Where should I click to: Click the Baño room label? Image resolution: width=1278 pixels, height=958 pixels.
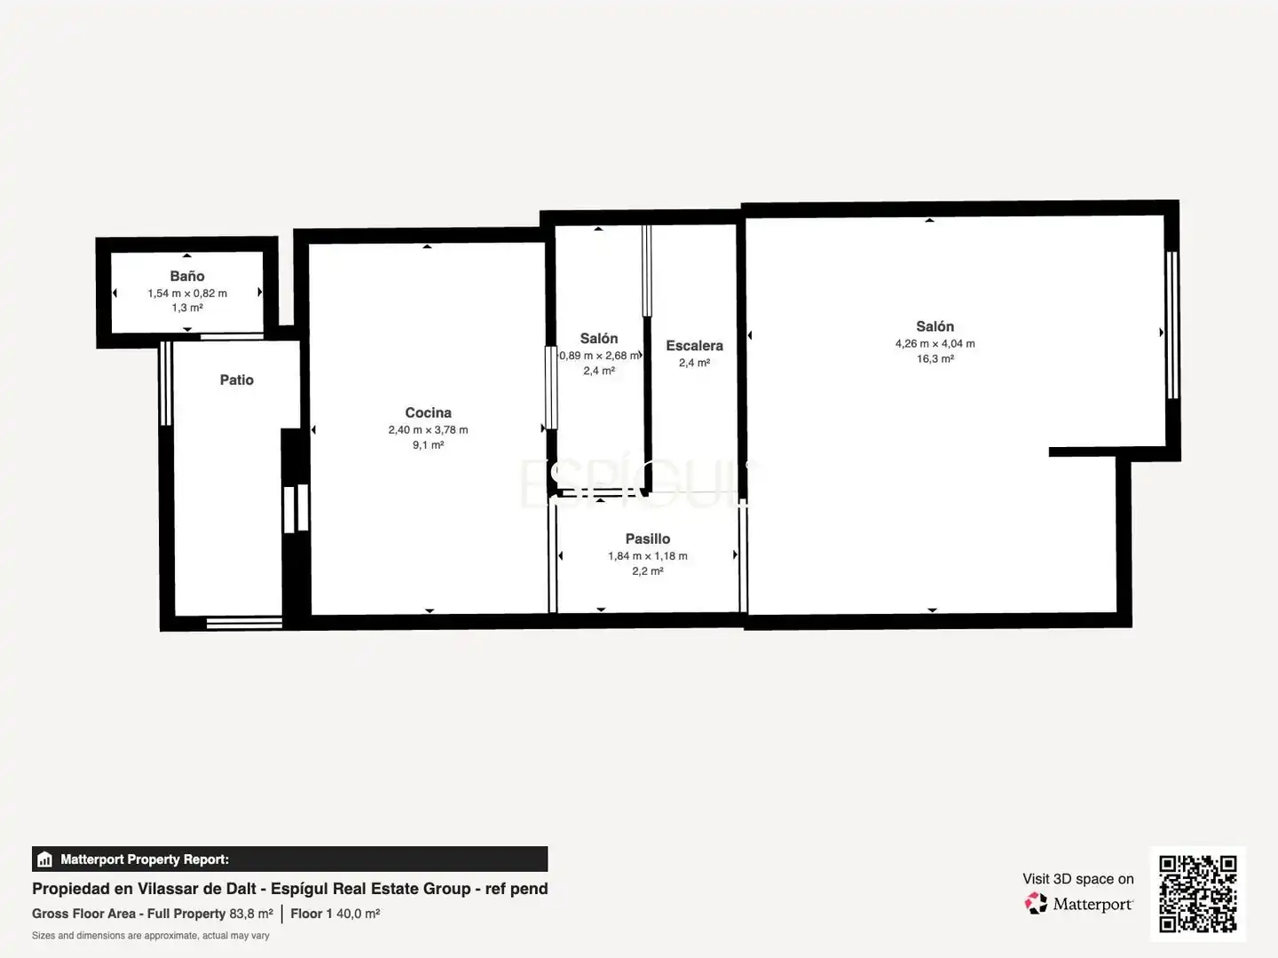point(187,276)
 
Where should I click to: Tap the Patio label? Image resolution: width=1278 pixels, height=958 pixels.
point(236,380)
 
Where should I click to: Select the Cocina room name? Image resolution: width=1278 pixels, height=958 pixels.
point(428,412)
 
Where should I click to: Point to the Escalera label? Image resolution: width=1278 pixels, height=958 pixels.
point(694,346)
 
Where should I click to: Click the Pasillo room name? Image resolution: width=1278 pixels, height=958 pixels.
point(648,538)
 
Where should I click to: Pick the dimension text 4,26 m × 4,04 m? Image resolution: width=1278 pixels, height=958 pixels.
point(935,344)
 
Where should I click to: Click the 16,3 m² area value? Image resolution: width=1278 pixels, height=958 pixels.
point(935,359)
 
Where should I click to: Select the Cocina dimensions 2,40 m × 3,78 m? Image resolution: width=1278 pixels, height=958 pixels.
point(428,430)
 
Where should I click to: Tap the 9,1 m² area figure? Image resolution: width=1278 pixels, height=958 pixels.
point(428,445)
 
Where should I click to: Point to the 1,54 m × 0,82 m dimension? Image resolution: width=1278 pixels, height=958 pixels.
point(187,293)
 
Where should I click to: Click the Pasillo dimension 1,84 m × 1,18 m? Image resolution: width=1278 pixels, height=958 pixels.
point(648,556)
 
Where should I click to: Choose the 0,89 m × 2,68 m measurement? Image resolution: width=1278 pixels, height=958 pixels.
point(599,356)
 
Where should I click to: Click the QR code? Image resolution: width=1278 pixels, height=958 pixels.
point(1197,894)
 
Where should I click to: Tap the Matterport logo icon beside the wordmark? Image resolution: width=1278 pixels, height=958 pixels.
point(1036,903)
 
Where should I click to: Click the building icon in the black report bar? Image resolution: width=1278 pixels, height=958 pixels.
point(45,860)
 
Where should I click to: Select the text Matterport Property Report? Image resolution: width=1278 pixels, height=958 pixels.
point(145,860)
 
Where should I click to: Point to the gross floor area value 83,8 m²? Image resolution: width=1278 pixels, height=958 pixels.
point(251,914)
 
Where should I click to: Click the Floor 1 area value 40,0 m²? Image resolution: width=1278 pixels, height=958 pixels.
point(358,914)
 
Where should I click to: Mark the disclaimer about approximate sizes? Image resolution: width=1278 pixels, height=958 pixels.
point(151,936)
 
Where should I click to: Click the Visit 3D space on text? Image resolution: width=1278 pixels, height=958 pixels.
point(1077,879)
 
